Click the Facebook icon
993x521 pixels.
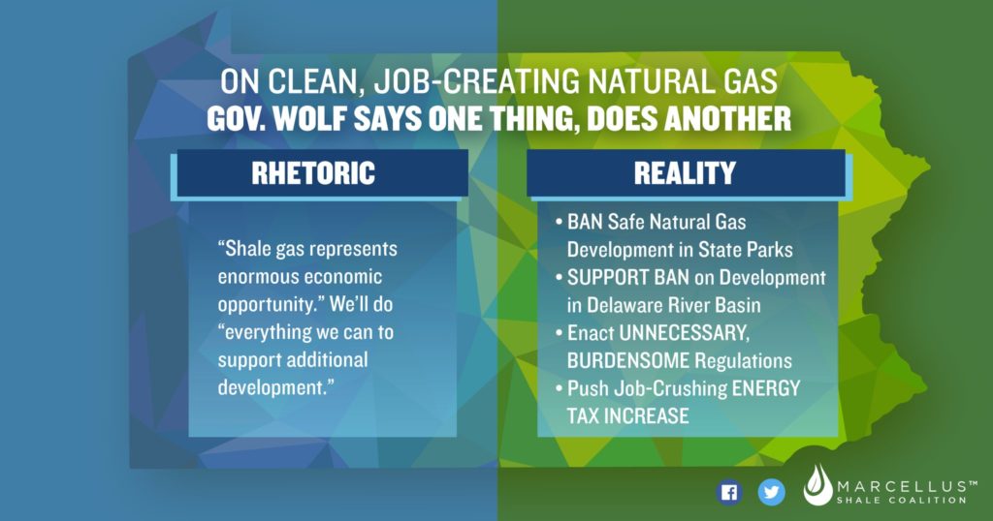[729, 493]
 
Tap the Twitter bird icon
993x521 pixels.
[771, 493]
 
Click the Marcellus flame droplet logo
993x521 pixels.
[817, 485]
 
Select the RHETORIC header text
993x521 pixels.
[313, 173]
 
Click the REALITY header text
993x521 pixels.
[686, 173]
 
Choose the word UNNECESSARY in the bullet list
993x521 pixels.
[685, 333]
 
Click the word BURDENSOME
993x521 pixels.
[628, 360]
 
